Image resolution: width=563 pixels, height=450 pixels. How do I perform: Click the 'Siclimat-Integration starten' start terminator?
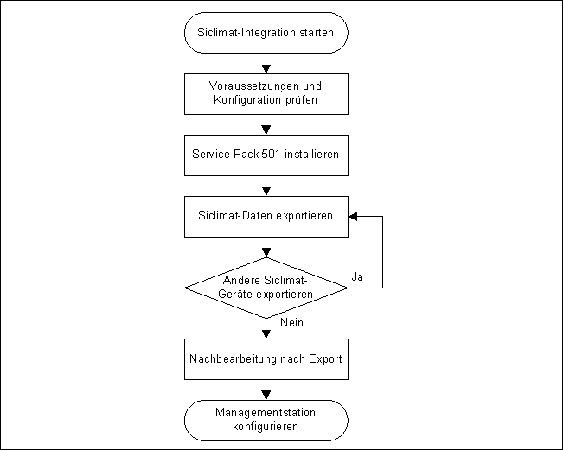[x=266, y=34]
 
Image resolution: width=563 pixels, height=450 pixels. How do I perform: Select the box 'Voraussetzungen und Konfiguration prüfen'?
[x=266, y=92]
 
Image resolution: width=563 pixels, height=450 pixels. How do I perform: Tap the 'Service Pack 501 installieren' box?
[x=266, y=157]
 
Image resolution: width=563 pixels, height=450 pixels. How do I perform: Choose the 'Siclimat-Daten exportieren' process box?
[x=266, y=216]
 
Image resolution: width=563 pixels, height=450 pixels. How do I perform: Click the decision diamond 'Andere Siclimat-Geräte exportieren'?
[x=266, y=288]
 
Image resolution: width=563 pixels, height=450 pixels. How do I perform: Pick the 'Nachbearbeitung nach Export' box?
[x=266, y=358]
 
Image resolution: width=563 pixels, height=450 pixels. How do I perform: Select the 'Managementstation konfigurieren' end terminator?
[x=266, y=420]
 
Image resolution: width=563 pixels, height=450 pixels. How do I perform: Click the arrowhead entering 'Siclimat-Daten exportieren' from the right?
[x=353, y=216]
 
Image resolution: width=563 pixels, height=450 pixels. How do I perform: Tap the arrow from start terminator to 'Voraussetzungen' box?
[x=266, y=62]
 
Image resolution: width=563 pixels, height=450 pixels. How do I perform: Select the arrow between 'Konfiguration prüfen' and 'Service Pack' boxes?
[x=266, y=125]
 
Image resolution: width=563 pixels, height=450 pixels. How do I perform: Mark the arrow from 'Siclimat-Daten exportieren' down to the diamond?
[x=266, y=247]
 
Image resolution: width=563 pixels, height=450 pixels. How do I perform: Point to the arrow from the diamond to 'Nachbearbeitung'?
[x=266, y=327]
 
